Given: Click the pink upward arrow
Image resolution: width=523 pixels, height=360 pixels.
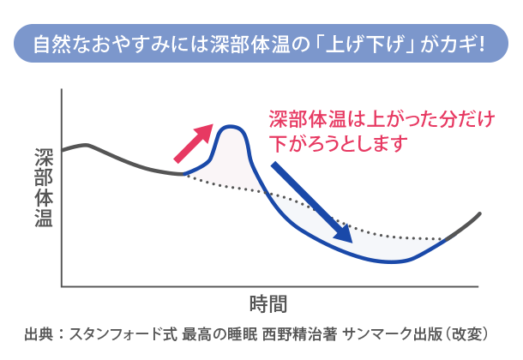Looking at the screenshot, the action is [194, 144].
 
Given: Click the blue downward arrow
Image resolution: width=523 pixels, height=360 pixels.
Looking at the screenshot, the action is [311, 202].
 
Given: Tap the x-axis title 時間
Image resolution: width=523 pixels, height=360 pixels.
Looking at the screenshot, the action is [268, 304].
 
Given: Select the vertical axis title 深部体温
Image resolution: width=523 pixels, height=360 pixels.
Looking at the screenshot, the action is [44, 188].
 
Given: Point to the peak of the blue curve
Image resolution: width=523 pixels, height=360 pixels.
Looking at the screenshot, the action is [230, 126].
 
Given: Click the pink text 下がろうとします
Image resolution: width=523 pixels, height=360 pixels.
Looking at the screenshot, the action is [338, 144].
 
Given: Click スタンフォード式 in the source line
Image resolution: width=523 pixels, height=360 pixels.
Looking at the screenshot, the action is [123, 334].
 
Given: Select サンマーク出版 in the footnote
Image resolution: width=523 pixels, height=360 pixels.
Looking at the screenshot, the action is [393, 334].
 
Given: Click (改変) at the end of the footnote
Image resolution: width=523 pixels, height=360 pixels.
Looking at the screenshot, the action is [467, 334].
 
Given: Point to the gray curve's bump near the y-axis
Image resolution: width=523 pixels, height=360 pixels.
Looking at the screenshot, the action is [87, 145].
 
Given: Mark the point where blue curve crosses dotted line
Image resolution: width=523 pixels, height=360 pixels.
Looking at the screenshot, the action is [266, 192].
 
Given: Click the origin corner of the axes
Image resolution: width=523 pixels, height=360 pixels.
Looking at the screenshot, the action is [62, 286].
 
